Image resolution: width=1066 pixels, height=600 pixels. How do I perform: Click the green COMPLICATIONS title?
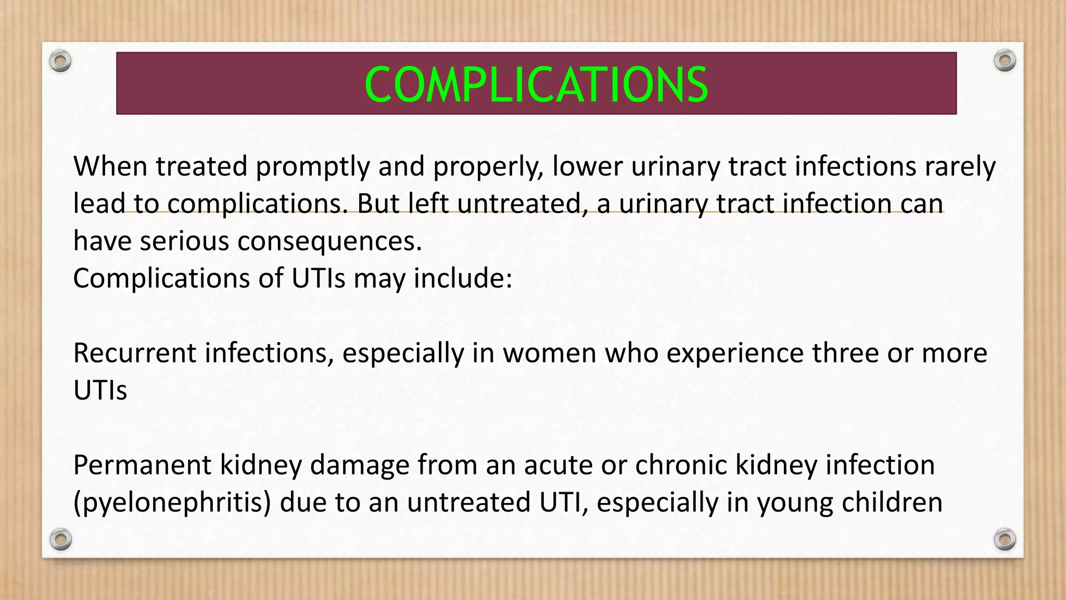pyautogui.click(x=536, y=85)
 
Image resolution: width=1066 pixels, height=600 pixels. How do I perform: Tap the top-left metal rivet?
pyautogui.click(x=60, y=61)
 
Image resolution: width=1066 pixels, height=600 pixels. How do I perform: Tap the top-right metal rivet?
pyautogui.click(x=1005, y=61)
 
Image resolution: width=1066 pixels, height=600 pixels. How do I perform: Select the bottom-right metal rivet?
pyautogui.click(x=1005, y=539)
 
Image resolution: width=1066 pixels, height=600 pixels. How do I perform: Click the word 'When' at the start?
pyautogui.click(x=110, y=167)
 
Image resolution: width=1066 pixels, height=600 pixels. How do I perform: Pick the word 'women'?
pyautogui.click(x=549, y=353)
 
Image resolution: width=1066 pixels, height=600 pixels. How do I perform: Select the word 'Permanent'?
pyautogui.click(x=142, y=465)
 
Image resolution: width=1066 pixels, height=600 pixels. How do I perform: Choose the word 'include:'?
pyautogui.click(x=463, y=279)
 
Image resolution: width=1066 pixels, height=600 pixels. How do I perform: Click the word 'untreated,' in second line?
pyautogui.click(x=523, y=204)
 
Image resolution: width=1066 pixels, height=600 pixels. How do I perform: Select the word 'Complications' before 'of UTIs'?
pyautogui.click(x=161, y=279)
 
